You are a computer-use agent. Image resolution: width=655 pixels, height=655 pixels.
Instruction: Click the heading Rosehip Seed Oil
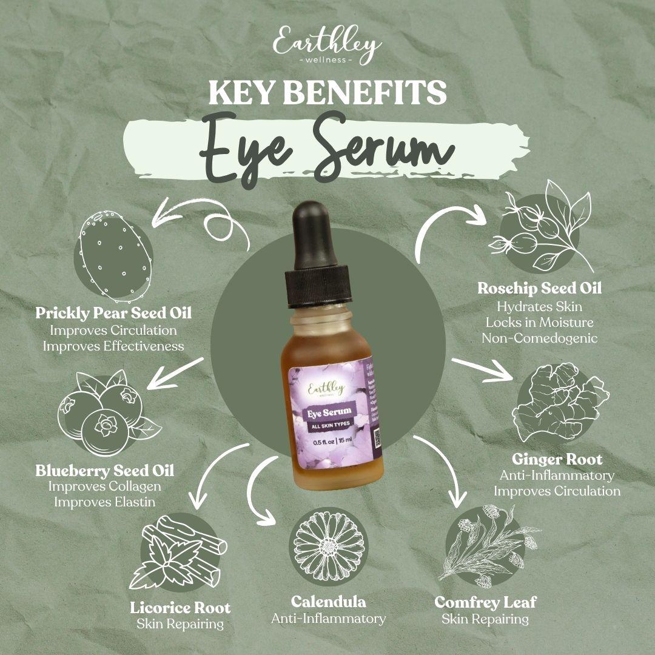pos(539,288)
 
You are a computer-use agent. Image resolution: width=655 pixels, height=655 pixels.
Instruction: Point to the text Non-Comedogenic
pos(539,338)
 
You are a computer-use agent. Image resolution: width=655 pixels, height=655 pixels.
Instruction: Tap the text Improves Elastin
pos(104,502)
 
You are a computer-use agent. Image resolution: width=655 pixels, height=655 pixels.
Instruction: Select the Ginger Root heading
pos(557,458)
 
